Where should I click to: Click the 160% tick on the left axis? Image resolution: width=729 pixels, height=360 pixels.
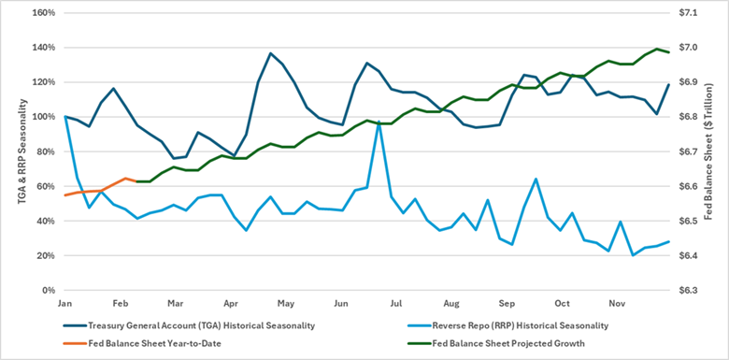pyautogui.click(x=43, y=13)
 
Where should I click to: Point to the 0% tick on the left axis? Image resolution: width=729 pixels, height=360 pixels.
pyautogui.click(x=48, y=290)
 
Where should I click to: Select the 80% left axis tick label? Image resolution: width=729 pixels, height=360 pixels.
pyautogui.click(x=45, y=151)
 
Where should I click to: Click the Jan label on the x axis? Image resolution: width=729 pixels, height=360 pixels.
pyautogui.click(x=65, y=304)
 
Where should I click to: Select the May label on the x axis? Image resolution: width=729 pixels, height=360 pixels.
pyautogui.click(x=286, y=304)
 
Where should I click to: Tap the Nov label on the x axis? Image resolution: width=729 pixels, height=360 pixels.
pyautogui.click(x=617, y=304)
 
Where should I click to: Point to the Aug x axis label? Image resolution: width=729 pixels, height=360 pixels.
pyautogui.click(x=451, y=304)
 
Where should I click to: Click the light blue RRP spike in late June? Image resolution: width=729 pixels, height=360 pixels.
pyautogui.click(x=379, y=122)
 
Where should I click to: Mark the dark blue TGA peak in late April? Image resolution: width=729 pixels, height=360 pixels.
pyautogui.click(x=270, y=53)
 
